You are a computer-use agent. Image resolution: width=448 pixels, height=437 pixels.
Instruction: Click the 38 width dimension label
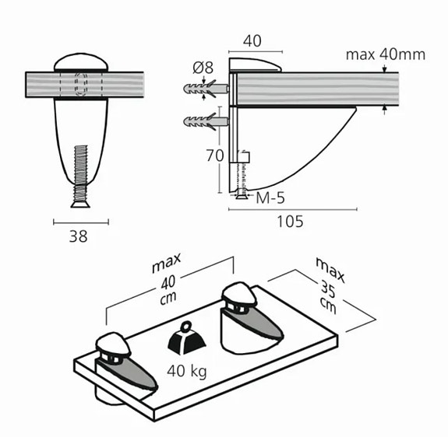point(78,236)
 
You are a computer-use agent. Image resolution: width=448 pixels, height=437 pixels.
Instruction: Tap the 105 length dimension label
point(290,222)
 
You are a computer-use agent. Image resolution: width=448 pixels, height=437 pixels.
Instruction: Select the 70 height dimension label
point(215,156)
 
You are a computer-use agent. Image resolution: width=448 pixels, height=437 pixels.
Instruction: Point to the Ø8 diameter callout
point(203,68)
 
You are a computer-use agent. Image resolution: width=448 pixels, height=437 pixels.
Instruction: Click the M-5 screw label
point(270,198)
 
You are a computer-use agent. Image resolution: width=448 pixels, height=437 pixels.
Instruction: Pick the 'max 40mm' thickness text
point(386,54)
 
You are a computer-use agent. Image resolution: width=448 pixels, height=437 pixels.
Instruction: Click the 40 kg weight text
point(187,372)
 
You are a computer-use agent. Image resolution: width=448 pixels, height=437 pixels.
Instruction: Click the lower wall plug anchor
point(206,122)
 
